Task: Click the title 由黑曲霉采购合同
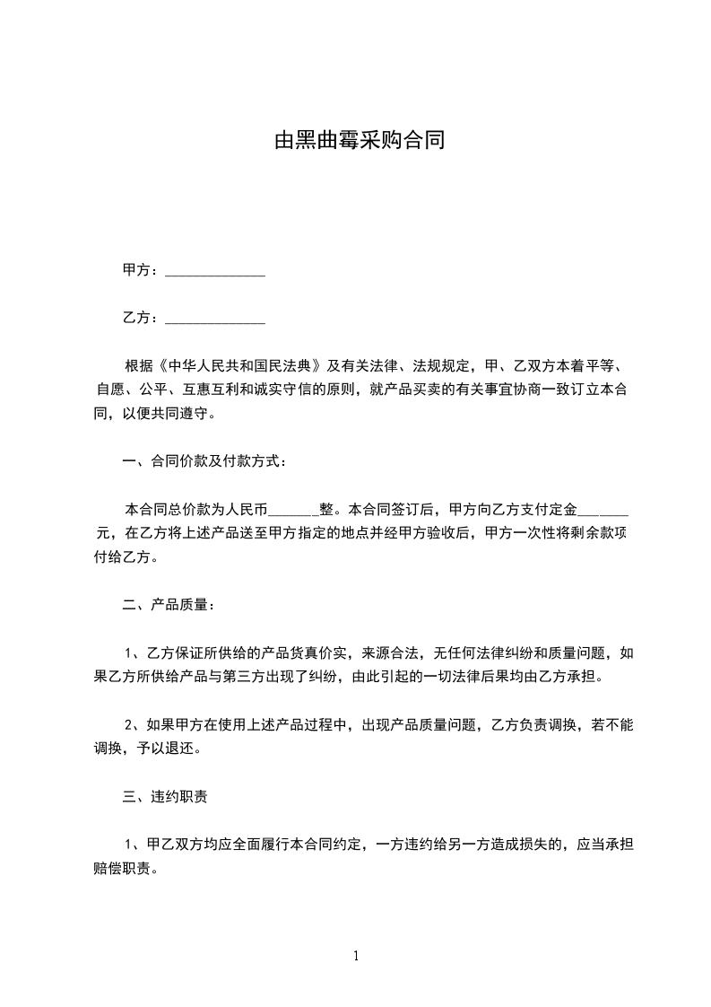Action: pos(359,141)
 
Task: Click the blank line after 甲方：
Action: pos(215,270)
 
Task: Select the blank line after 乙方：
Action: pos(215,318)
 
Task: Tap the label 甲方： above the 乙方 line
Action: pos(142,270)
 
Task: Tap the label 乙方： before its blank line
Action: pos(142,318)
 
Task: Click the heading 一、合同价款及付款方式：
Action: pos(204,462)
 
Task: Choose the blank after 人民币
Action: pos(289,509)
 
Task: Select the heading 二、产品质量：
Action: pos(169,605)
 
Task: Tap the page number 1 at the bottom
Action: pos(356,956)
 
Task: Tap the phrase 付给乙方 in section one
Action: pos(122,557)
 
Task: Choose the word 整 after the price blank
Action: pos(325,509)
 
